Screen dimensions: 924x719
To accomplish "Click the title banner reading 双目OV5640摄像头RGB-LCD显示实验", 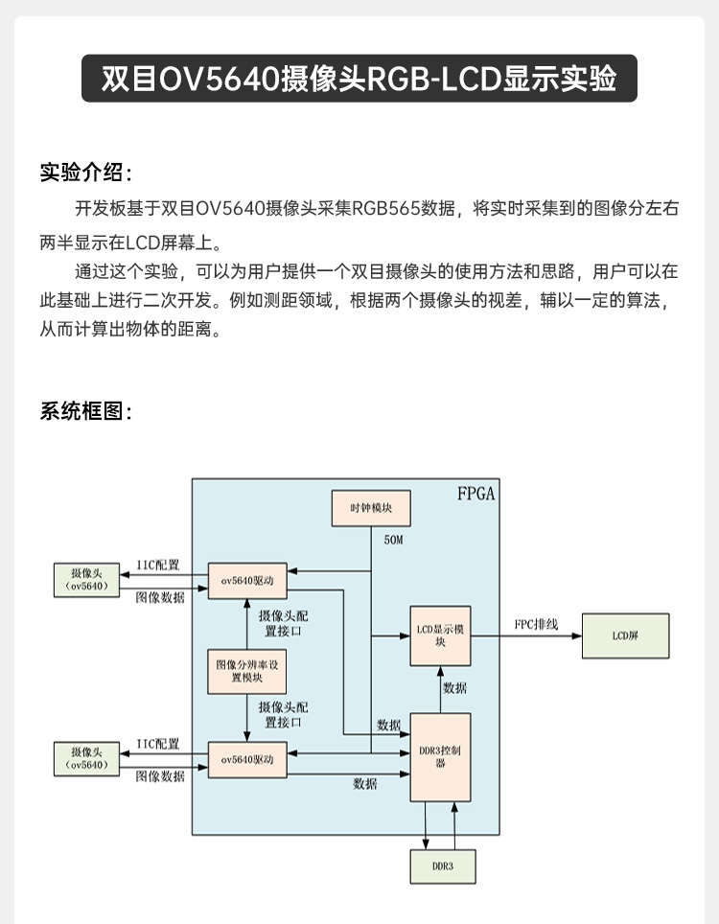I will [x=359, y=78].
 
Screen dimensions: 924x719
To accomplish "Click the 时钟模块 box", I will [x=371, y=508].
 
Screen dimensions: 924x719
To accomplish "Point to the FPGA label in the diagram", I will [x=475, y=495].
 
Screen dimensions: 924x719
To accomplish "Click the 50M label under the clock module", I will [x=393, y=541].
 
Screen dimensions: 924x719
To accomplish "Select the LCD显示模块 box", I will [x=440, y=635].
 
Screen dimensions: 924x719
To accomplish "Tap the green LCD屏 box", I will [x=625, y=635].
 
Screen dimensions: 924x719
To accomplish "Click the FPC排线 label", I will [x=536, y=624].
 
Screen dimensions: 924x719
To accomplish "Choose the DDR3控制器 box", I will [x=440, y=757].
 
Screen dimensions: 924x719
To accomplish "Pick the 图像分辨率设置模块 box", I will [x=246, y=671].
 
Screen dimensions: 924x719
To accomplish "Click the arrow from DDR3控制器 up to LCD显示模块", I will [x=440, y=689].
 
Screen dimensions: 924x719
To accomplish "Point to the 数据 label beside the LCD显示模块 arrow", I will [x=455, y=687].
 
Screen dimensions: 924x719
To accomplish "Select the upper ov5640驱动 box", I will [x=246, y=581].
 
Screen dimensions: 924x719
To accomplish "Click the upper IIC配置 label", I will [x=158, y=566].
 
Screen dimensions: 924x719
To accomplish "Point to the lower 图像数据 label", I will [x=159, y=776].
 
